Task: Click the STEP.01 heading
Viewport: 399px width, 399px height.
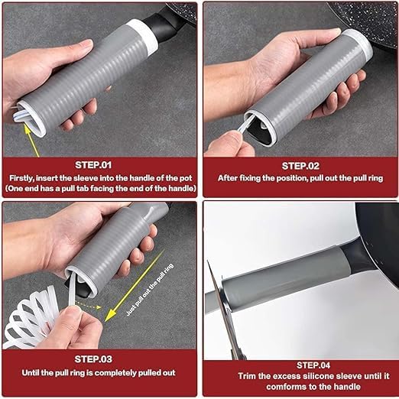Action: [93, 165]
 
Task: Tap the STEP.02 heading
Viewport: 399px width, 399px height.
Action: [300, 166]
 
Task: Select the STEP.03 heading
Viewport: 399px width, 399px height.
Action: [93, 359]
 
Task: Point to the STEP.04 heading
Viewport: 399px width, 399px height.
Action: [313, 365]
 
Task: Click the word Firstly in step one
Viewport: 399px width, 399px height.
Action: [21, 178]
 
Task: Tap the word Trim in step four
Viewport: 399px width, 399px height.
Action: [247, 376]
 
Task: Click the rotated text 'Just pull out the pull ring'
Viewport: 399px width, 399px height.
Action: [150, 290]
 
